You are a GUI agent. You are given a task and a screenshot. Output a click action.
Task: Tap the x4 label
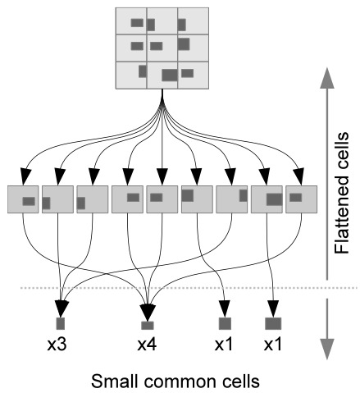(147, 346)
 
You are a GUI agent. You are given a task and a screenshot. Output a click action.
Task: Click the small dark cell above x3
(60, 322)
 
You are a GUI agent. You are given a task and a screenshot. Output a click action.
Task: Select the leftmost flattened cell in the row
(23, 199)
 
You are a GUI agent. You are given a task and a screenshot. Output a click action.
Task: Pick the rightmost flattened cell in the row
(301, 199)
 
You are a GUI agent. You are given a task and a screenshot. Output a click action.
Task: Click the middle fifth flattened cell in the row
(162, 199)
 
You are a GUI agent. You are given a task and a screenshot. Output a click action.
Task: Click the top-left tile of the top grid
(132, 21)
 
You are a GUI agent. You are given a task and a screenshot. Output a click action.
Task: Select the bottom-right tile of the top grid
(194, 75)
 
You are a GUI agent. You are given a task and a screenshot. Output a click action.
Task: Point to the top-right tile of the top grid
(194, 21)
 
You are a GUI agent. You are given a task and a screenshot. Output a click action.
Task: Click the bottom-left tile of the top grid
(132, 75)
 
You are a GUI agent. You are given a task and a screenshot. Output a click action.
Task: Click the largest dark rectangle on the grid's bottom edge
(169, 75)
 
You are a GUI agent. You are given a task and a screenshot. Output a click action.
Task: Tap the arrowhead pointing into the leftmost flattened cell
(25, 176)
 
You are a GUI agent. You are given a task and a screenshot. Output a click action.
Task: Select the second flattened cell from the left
(57, 199)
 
